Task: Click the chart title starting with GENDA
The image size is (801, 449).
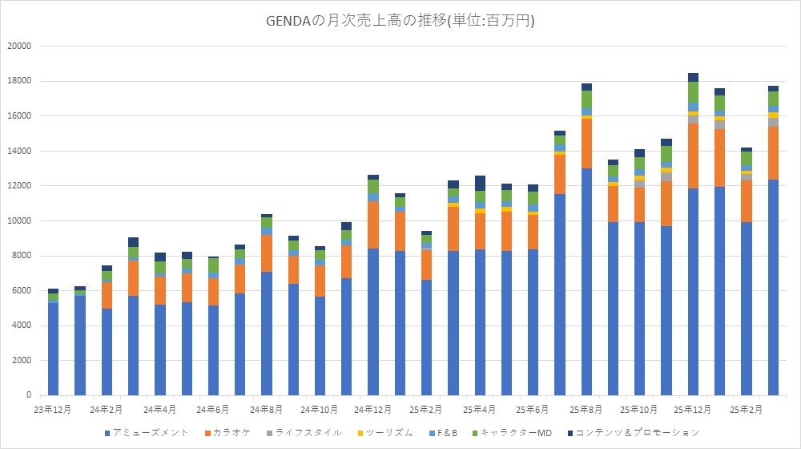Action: [x=400, y=21]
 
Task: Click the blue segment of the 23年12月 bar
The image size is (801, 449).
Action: [x=53, y=349]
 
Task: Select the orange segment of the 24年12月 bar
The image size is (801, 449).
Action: [x=373, y=225]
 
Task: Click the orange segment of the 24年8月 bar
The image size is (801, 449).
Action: [x=267, y=253]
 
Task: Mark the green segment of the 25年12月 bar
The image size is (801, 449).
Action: [x=693, y=92]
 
